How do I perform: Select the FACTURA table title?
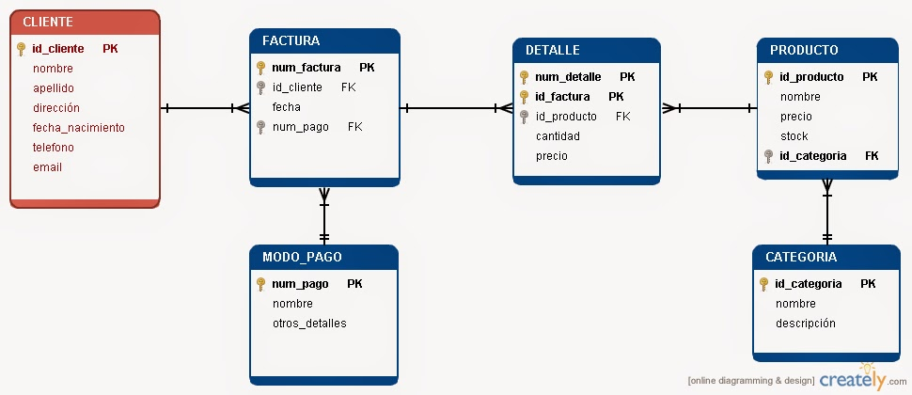pyautogui.click(x=291, y=40)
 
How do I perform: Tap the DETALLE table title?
pyautogui.click(x=552, y=50)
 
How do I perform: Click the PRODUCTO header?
pyautogui.click(x=803, y=50)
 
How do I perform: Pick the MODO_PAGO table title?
pyautogui.click(x=302, y=257)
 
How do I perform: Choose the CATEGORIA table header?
pyautogui.click(x=801, y=257)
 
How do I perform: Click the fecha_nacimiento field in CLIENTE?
pyautogui.click(x=78, y=128)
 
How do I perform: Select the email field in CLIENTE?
pyautogui.click(x=47, y=167)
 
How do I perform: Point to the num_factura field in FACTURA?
pyautogui.click(x=306, y=68)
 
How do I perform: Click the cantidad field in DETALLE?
pyautogui.click(x=558, y=136)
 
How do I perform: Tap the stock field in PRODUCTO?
pyautogui.click(x=794, y=136)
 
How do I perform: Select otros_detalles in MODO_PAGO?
pyautogui.click(x=309, y=324)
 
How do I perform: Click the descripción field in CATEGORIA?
pyautogui.click(x=805, y=324)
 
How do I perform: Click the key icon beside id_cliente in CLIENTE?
pyautogui.click(x=21, y=49)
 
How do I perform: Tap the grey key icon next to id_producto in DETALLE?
pyautogui.click(x=524, y=117)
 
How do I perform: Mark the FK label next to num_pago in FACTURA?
pyautogui.click(x=354, y=127)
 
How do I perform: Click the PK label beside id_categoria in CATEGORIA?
pyautogui.click(x=868, y=284)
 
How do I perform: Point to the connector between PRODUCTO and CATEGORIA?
pyautogui.click(x=827, y=211)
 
